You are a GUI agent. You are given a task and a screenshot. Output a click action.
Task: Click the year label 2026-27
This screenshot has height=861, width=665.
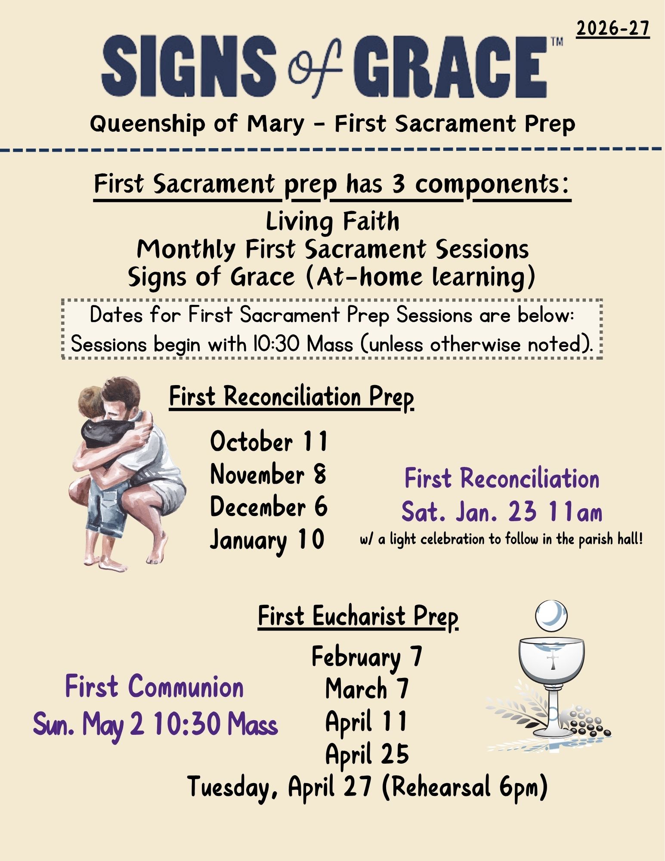[x=613, y=28]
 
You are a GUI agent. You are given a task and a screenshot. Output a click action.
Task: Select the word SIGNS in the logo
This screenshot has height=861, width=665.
[x=189, y=67]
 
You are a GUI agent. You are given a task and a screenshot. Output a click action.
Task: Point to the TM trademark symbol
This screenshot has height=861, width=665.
[x=557, y=42]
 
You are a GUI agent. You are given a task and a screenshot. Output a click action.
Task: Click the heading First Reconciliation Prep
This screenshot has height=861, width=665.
[x=291, y=397]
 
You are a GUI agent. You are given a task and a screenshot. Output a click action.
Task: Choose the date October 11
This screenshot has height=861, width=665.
[x=269, y=441]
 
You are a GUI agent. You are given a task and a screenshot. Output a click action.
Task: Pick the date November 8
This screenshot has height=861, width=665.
[x=268, y=474]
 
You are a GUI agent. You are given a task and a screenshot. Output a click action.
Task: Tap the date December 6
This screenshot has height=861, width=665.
[x=269, y=507]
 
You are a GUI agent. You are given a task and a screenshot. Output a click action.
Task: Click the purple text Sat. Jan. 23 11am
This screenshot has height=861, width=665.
[x=502, y=512]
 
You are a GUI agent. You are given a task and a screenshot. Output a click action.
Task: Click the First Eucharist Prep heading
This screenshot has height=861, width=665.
[x=358, y=617]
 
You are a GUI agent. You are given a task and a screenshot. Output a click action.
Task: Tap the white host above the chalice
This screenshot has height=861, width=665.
[x=551, y=615]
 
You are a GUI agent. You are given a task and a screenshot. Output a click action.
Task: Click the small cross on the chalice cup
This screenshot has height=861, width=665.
[x=552, y=661]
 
